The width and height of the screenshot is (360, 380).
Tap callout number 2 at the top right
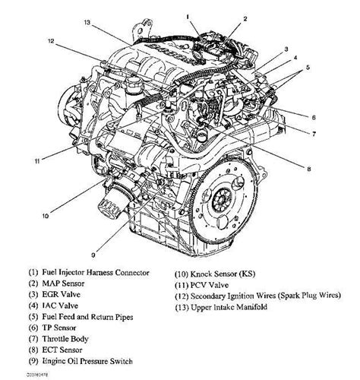[x=245, y=17]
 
